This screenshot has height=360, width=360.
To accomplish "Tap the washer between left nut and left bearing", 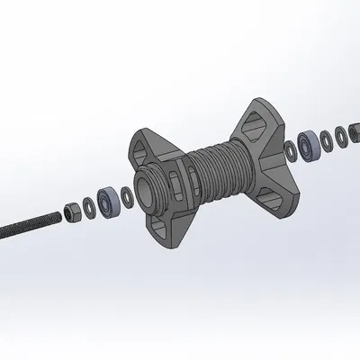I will click(88, 206).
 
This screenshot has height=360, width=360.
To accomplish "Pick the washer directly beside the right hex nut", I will click(343, 136).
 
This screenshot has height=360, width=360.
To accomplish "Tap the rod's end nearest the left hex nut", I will click(56, 216).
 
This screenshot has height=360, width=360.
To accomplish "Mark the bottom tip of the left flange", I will click(170, 246).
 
